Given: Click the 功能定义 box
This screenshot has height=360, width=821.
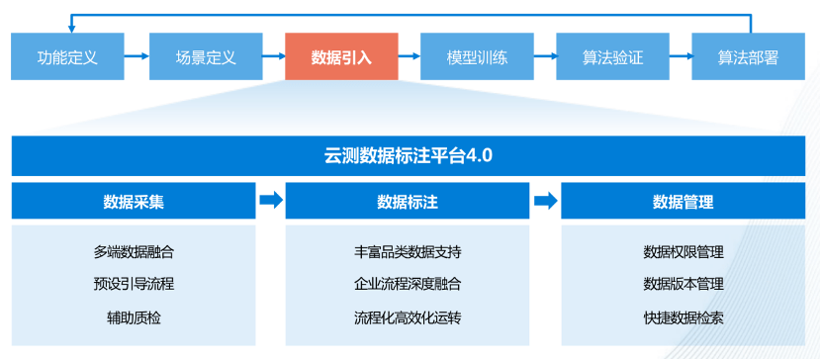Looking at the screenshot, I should point(67,57).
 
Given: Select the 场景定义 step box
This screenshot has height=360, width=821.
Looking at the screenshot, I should point(204,57).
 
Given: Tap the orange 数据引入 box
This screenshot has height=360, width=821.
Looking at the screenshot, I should point(341,57).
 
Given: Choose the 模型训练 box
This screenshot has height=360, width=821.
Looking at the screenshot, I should point(477,57).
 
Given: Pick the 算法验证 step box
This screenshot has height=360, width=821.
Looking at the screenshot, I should point(612,57).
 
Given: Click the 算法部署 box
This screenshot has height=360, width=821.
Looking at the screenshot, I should point(748,57).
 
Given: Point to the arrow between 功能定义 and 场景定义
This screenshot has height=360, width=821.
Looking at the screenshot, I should point(137,57).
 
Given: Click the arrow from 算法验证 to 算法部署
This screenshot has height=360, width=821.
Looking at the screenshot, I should point(681,57).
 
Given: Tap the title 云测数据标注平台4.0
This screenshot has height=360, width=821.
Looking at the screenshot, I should point(409,155).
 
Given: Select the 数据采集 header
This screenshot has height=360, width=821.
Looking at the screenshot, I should point(134,202).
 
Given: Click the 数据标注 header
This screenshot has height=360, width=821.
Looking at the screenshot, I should point(408,202).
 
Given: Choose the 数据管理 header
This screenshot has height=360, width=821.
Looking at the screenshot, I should point(683,202).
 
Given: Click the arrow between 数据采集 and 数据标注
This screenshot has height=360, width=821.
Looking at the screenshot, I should point(270,202).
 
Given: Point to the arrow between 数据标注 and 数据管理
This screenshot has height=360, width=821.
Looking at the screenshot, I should point(545,202).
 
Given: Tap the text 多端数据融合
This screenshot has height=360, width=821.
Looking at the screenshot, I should point(134,252).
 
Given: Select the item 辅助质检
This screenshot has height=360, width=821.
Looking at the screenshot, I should point(134,317).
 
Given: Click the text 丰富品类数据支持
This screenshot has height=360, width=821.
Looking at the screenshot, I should point(408,252).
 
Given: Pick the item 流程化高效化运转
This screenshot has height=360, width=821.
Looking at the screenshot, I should point(408,317).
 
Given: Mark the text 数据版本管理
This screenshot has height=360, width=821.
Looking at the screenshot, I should point(683,285).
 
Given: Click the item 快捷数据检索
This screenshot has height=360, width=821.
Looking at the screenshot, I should point(683,317).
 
